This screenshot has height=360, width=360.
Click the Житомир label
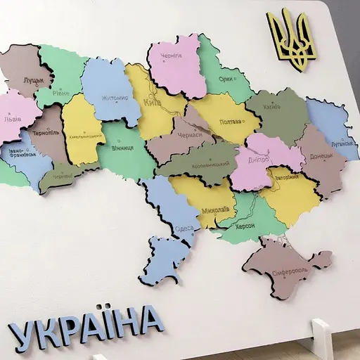115,98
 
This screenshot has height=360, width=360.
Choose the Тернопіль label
44,131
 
